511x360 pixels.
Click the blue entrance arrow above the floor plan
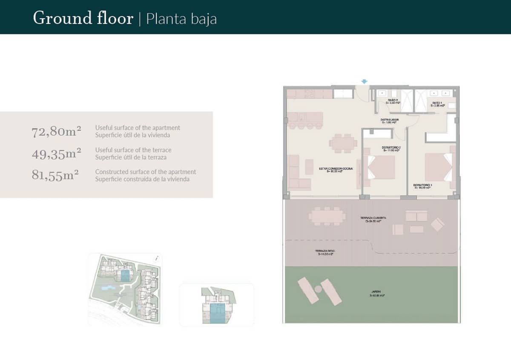coord(364,81)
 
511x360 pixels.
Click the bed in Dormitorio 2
coord(380,167)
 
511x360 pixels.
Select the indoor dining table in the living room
coord(343,144)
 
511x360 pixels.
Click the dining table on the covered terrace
coord(327,216)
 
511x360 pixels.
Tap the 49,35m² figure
coord(57,154)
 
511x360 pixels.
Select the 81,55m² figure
coord(55,175)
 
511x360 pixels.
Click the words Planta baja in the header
coord(181,19)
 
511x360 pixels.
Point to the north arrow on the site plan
coord(158,258)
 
